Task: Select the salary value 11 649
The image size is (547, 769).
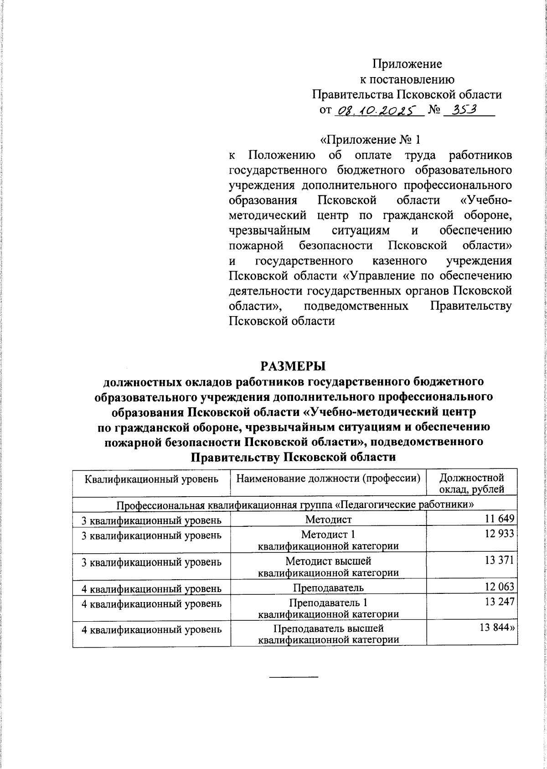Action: point(500,519)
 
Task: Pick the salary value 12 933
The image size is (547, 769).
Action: point(500,534)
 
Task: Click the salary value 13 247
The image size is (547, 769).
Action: point(500,602)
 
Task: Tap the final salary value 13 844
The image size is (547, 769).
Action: point(497,628)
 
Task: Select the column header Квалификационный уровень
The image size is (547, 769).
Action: point(152,479)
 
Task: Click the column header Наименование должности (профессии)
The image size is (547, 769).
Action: point(328,479)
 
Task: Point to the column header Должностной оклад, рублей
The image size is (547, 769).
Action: point(471,484)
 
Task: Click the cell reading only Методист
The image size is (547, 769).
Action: point(328,519)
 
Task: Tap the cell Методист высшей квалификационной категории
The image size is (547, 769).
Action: point(328,566)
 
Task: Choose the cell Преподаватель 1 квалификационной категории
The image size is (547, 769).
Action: point(328,608)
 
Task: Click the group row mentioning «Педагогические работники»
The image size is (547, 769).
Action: point(295,504)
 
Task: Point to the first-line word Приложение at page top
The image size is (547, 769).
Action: point(407,64)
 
